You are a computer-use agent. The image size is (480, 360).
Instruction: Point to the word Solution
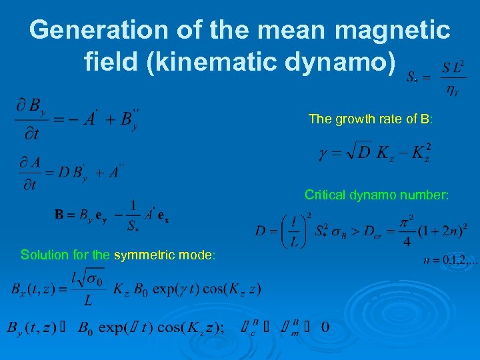click(43, 255)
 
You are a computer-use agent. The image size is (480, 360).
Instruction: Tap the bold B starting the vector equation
click(60, 215)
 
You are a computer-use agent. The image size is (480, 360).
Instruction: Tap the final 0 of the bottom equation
click(324, 327)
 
